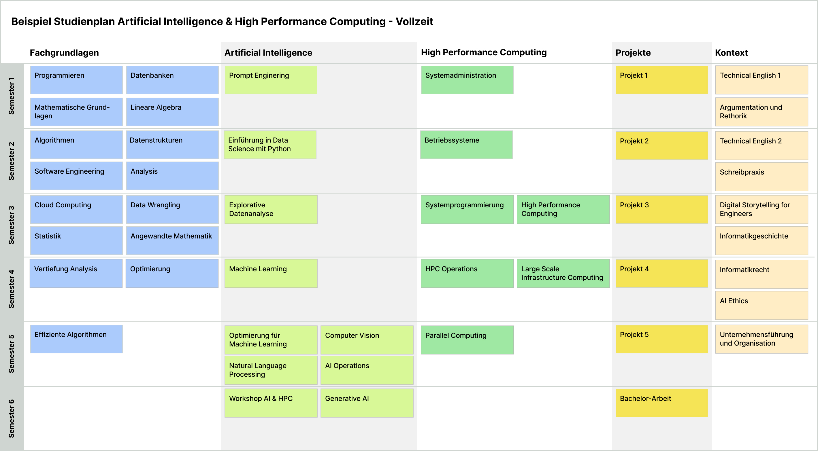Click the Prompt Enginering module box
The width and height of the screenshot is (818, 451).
tap(271, 80)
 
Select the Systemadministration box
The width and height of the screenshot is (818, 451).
tap(467, 80)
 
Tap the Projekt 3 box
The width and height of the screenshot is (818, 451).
tap(661, 209)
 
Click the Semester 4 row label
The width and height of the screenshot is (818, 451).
tap(12, 289)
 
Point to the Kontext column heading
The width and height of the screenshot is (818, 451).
tap(731, 53)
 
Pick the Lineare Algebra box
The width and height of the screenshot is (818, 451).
tap(172, 112)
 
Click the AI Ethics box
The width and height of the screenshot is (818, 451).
tap(761, 305)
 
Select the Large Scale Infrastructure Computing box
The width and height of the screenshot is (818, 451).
tap(563, 273)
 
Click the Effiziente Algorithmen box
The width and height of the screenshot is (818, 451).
tap(76, 339)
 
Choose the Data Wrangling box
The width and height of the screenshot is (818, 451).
tap(172, 209)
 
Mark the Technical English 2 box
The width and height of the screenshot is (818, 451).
tap(761, 145)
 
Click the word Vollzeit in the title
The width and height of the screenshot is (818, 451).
tap(414, 22)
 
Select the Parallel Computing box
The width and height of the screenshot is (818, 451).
tap(467, 340)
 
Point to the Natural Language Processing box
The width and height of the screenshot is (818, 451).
tap(271, 370)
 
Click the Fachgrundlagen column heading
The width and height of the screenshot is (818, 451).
tap(64, 53)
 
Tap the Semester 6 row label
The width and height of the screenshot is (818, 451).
tap(12, 418)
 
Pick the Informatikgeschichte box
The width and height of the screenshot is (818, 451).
tap(761, 240)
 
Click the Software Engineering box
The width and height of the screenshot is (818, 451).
tap(76, 175)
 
